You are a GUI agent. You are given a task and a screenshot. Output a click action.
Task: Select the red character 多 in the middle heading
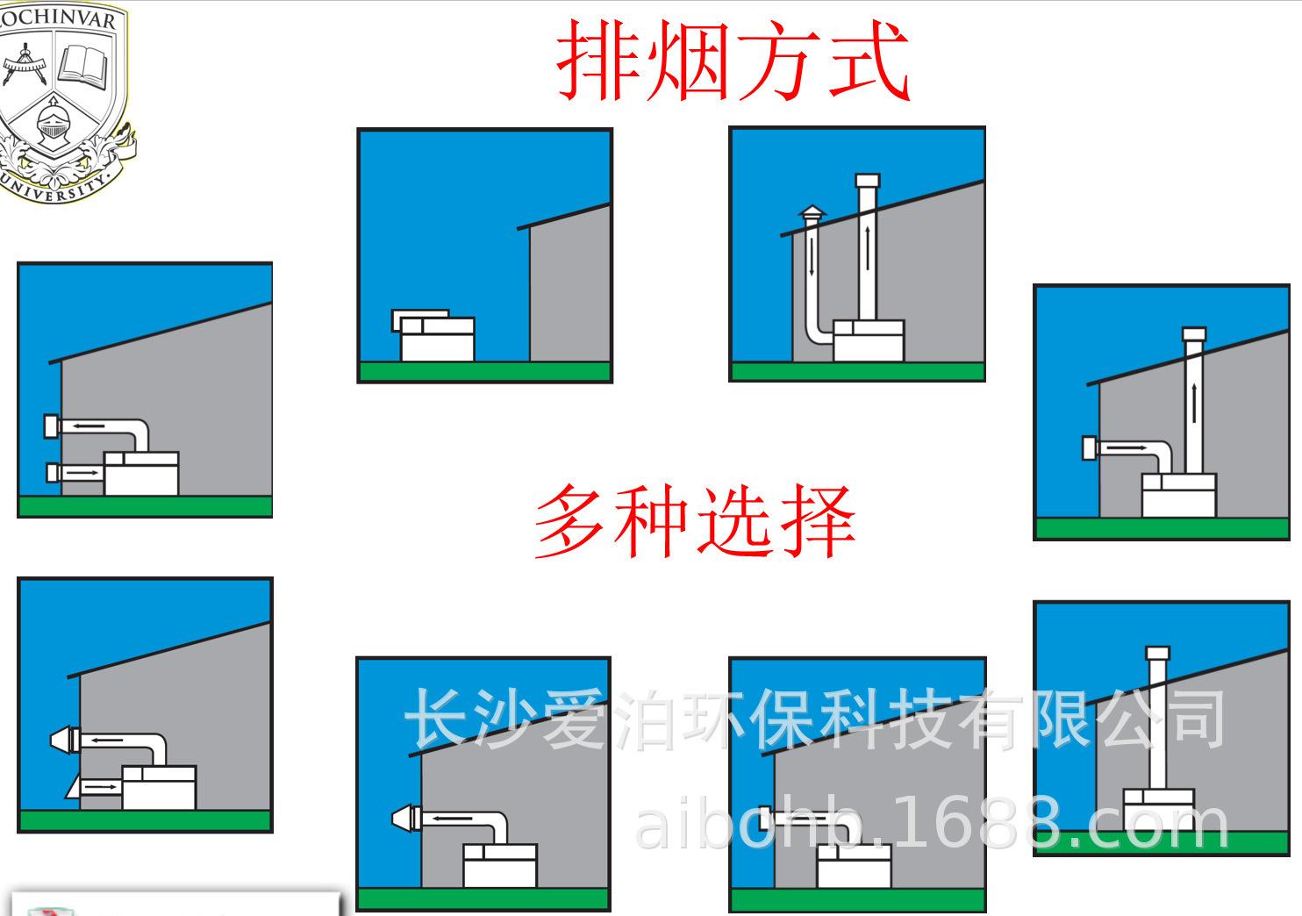tap(570, 522)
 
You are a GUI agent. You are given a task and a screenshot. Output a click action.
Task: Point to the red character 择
tap(818, 522)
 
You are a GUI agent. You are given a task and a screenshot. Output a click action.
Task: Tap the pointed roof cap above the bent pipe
tap(812, 213)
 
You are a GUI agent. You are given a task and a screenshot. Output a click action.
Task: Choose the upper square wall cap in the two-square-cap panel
tap(52, 426)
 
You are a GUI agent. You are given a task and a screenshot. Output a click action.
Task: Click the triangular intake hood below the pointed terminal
tap(74, 787)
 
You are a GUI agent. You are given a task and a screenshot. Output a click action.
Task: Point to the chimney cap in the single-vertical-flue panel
tap(1158, 654)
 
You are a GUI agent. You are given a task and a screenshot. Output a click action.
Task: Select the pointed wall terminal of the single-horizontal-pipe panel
tap(404, 819)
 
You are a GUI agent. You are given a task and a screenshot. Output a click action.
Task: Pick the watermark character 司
tap(1195, 718)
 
